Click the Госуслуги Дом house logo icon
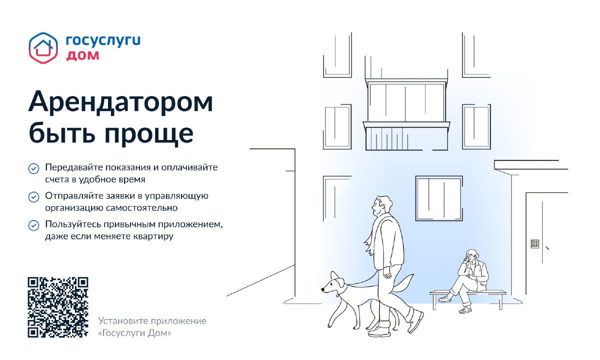pos(43,48)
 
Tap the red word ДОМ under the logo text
pos(82,55)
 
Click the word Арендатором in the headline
pos(120,102)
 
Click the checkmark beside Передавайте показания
pos(34,169)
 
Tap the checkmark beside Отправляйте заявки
pos(34,197)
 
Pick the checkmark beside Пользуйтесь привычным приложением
pos(34,225)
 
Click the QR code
pos(58,307)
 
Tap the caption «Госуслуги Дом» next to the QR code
pos(134,333)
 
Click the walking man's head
pos(381,205)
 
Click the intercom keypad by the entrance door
pos(534,244)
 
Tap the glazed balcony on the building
pos(406,114)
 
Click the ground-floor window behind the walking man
pos(439,198)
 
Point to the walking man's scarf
pos(373,235)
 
